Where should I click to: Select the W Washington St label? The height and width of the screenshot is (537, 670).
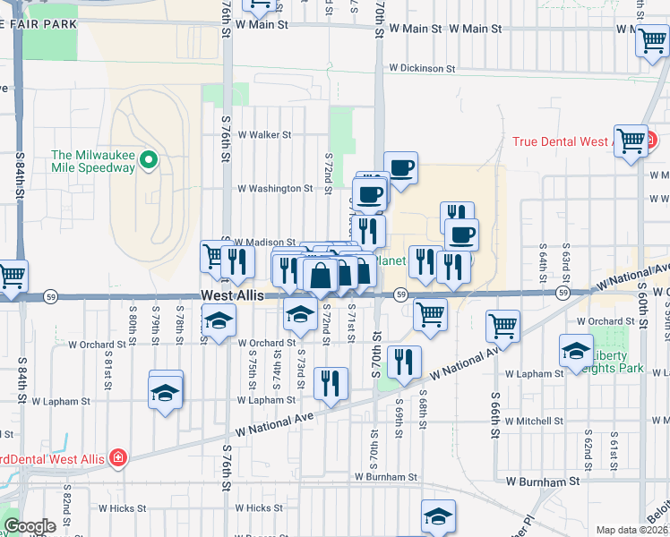275,189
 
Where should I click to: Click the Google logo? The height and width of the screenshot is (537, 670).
30,526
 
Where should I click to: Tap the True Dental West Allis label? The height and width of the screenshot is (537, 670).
562,141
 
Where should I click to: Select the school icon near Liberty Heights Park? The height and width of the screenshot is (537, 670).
576,350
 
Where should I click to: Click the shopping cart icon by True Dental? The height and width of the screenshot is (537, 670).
631,141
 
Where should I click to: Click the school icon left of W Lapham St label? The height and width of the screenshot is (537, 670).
165,392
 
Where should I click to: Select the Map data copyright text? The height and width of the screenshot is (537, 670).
631,530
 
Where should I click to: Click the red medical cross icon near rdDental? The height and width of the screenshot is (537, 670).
117,459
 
